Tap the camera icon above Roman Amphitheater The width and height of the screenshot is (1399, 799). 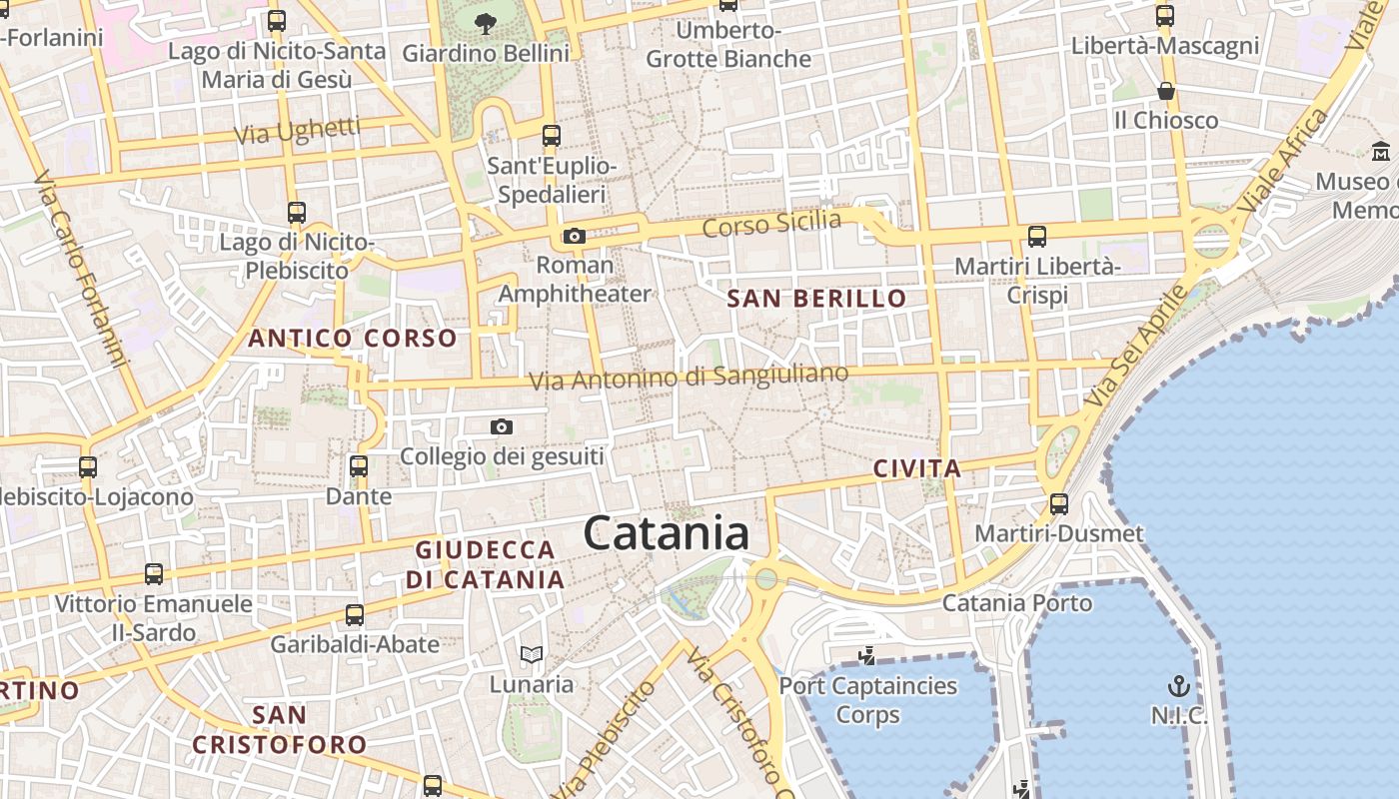[x=574, y=237]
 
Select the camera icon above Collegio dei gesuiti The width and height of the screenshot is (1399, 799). [x=502, y=427]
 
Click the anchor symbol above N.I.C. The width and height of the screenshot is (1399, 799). [x=1179, y=686]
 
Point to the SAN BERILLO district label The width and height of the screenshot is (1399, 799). [x=816, y=299]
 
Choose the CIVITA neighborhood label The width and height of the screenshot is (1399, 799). [x=916, y=468]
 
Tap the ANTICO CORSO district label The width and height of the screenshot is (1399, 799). [x=352, y=339]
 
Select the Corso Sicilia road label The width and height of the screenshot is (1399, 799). [x=771, y=224]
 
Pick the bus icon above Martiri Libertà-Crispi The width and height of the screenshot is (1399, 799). [x=1037, y=237]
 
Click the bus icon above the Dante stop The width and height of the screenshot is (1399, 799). [x=359, y=466]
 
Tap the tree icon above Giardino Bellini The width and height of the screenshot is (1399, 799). [x=486, y=23]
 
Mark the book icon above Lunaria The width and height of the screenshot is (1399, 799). [x=532, y=655]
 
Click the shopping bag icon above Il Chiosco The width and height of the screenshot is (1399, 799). [x=1165, y=92]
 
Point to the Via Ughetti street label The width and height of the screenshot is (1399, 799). [x=297, y=131]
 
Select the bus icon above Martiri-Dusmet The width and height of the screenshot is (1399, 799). [x=1059, y=504]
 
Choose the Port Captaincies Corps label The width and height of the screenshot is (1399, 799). [x=868, y=700]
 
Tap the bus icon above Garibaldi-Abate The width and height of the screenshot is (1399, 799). [x=355, y=615]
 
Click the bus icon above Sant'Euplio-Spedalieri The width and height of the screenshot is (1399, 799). [x=552, y=136]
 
